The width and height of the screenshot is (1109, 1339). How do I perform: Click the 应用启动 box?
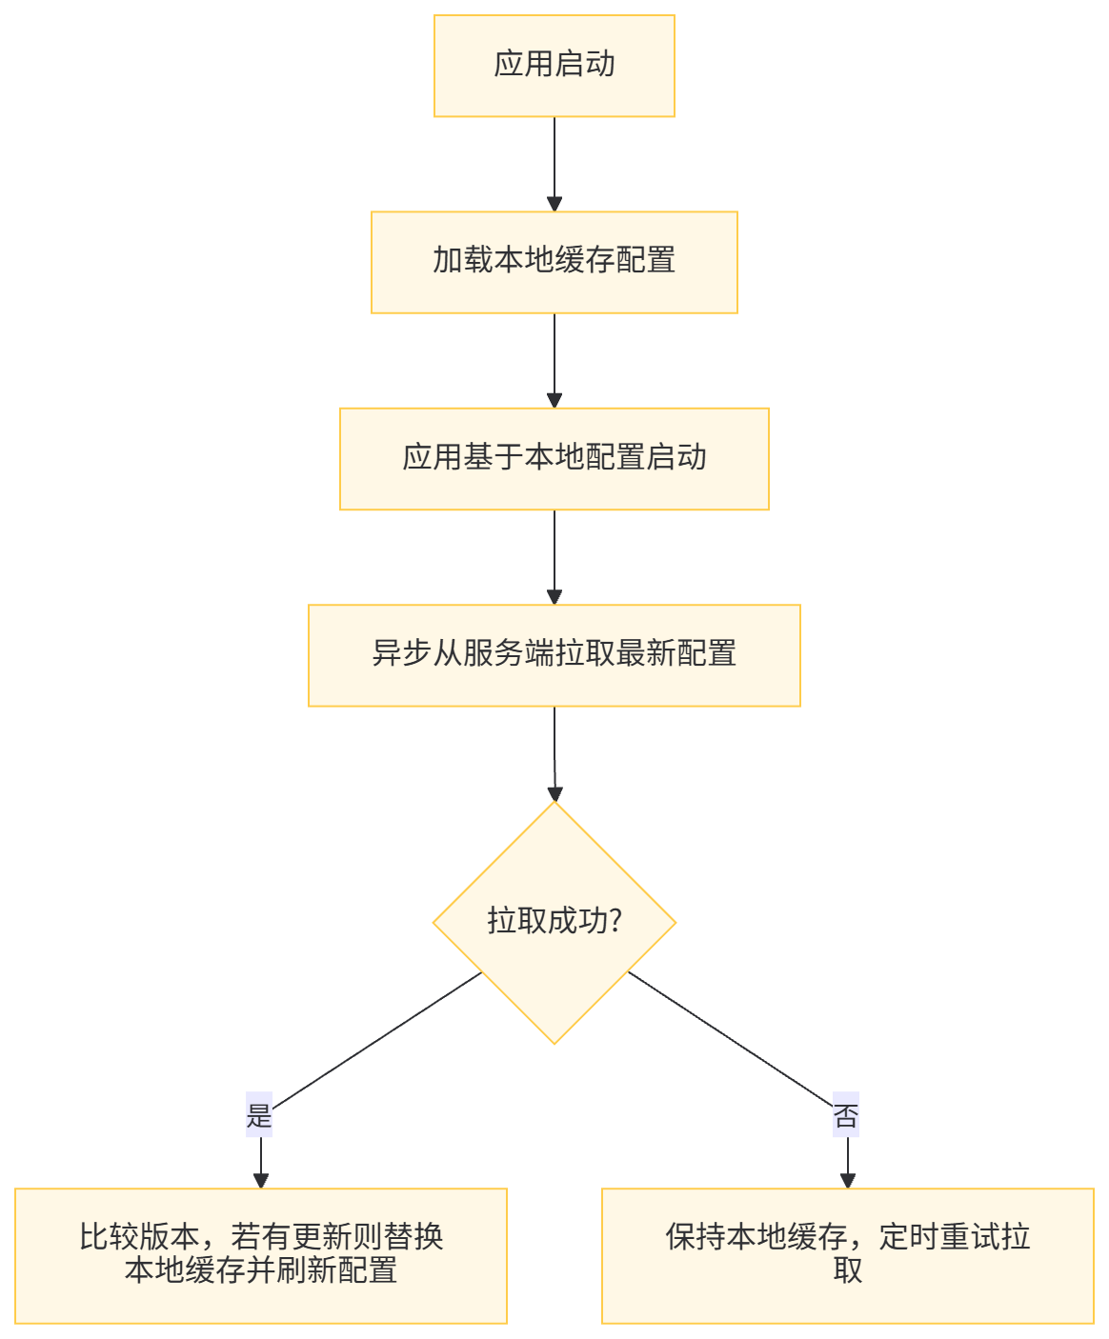[x=554, y=66]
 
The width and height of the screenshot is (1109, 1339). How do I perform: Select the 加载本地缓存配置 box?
[x=554, y=262]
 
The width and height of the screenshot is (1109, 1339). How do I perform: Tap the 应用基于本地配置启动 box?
[x=554, y=459]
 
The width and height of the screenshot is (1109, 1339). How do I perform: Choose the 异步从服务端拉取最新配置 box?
[x=554, y=655]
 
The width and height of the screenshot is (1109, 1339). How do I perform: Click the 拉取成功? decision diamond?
[x=554, y=922]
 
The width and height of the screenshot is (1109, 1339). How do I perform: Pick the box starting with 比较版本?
[x=261, y=1255]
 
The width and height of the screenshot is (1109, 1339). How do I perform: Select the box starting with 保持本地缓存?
[x=847, y=1255]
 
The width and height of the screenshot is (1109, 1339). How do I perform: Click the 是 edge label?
[x=259, y=1115]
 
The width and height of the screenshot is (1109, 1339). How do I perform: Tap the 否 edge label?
[x=846, y=1115]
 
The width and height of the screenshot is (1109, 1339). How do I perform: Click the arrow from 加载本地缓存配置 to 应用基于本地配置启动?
[x=554, y=360]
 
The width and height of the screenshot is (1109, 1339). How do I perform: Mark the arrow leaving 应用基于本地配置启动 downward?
[x=554, y=557]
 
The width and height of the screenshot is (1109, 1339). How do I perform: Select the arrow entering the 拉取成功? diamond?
[x=554, y=753]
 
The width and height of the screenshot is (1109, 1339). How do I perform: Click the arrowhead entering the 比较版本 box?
[x=260, y=1180]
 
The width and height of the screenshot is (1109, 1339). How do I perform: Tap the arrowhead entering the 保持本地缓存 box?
[x=847, y=1180]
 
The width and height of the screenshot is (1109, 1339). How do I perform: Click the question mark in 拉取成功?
[x=615, y=921]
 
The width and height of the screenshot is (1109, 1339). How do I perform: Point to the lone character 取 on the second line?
[x=847, y=1270]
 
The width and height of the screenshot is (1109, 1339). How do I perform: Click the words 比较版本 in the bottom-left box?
[x=140, y=1237]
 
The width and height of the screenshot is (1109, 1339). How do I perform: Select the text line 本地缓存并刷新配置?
[x=261, y=1270]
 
